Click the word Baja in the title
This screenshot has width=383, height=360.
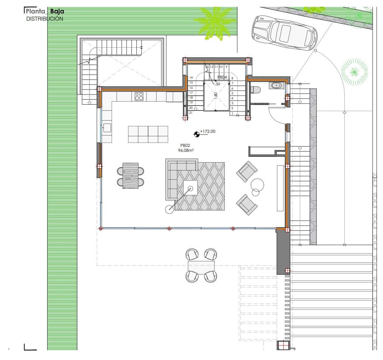[57, 11]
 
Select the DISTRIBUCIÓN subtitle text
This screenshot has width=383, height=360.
[45, 19]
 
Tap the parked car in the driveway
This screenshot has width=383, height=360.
[284, 33]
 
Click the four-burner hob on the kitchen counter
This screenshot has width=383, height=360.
[139, 96]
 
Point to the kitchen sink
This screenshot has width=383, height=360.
[107, 128]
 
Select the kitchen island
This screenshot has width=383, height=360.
[148, 134]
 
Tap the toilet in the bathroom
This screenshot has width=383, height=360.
[255, 89]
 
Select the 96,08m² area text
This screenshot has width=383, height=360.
[186, 150]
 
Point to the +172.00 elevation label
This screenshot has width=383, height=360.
[207, 131]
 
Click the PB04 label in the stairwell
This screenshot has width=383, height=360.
[222, 77]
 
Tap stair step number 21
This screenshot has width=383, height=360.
[191, 112]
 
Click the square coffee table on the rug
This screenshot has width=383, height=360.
[190, 188]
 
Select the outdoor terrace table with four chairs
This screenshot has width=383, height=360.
[201, 266]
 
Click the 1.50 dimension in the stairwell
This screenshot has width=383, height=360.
[216, 84]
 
